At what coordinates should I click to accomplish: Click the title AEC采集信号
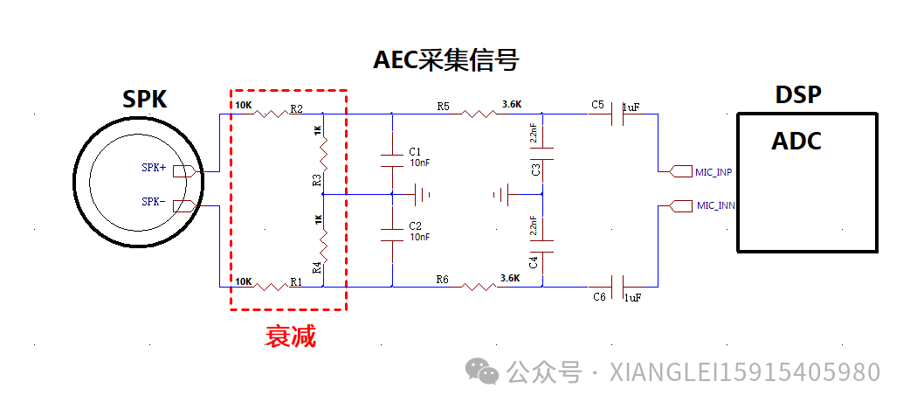point(446,59)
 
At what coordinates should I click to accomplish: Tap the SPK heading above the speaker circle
point(145,99)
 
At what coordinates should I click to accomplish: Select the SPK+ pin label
point(154,168)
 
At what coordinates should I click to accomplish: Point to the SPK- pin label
point(154,202)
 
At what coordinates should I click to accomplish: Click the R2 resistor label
point(297,109)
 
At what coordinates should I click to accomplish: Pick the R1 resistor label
point(297,281)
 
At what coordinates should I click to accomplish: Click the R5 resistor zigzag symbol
point(478,114)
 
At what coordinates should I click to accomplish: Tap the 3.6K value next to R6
point(511,278)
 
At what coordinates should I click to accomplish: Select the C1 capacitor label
point(415,151)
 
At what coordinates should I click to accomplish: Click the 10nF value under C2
point(419,237)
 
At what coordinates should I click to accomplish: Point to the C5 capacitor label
point(597,105)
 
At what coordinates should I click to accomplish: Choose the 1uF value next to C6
point(632,298)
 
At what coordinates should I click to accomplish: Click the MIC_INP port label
point(714,172)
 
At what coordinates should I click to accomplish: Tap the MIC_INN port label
point(715,206)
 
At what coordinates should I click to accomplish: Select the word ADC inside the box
point(796,141)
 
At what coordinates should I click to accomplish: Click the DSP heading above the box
point(799,95)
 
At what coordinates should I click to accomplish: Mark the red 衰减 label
point(291,336)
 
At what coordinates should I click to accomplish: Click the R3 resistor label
point(317,180)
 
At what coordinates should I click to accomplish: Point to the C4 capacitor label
point(535,260)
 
